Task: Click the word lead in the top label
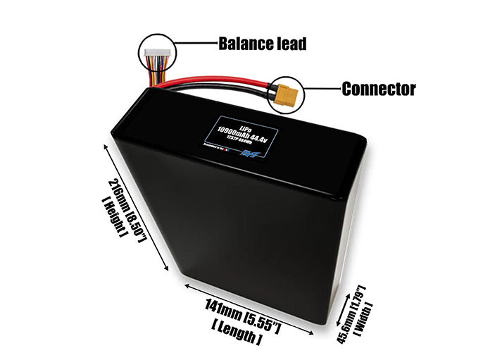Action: pos(291,44)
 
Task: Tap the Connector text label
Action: pos(378,89)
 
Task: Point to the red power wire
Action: pos(211,82)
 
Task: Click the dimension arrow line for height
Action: pos(137,204)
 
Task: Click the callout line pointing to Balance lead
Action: pos(193,43)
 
